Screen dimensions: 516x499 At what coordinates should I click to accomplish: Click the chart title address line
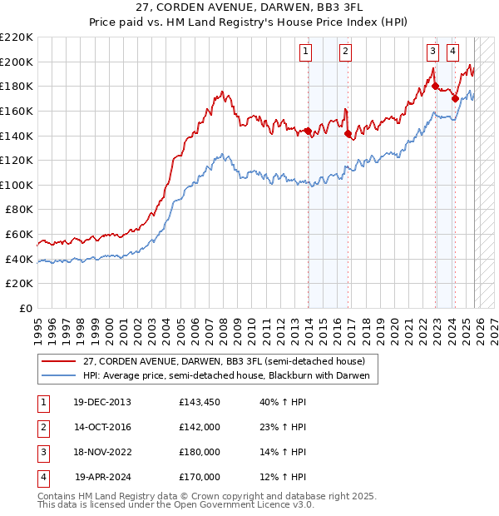(x=249, y=7)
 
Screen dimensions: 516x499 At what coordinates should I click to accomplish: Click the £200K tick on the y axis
(x=17, y=62)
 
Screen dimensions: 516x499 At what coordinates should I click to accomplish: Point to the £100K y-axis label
(x=17, y=185)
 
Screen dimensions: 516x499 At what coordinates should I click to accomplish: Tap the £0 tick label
(x=24, y=308)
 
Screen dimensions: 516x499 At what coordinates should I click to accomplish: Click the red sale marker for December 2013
(x=308, y=131)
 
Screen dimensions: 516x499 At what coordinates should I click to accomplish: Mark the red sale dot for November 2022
(x=435, y=86)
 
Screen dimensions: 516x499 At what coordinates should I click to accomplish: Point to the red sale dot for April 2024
(x=455, y=98)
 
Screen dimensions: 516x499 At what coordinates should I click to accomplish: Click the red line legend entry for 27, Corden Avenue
(x=224, y=362)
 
